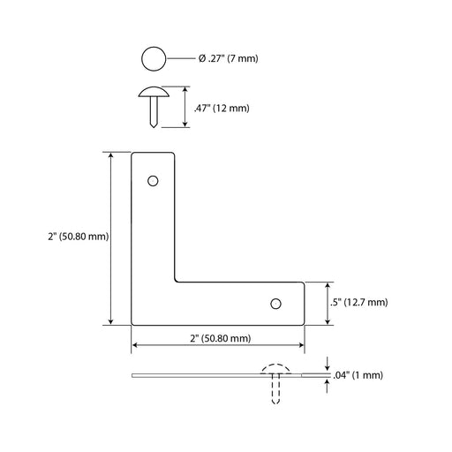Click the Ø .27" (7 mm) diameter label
pos(228,58)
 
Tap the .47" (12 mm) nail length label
pos(222,109)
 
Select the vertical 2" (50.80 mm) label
pos(79,237)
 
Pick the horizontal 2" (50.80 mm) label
pos(221,338)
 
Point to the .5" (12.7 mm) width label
pos(358,302)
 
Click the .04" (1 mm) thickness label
pos(358,375)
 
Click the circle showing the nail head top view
pos(154,58)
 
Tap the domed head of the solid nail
pos(154,92)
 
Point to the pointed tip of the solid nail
pos(154,126)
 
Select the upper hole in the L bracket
pos(153,181)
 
